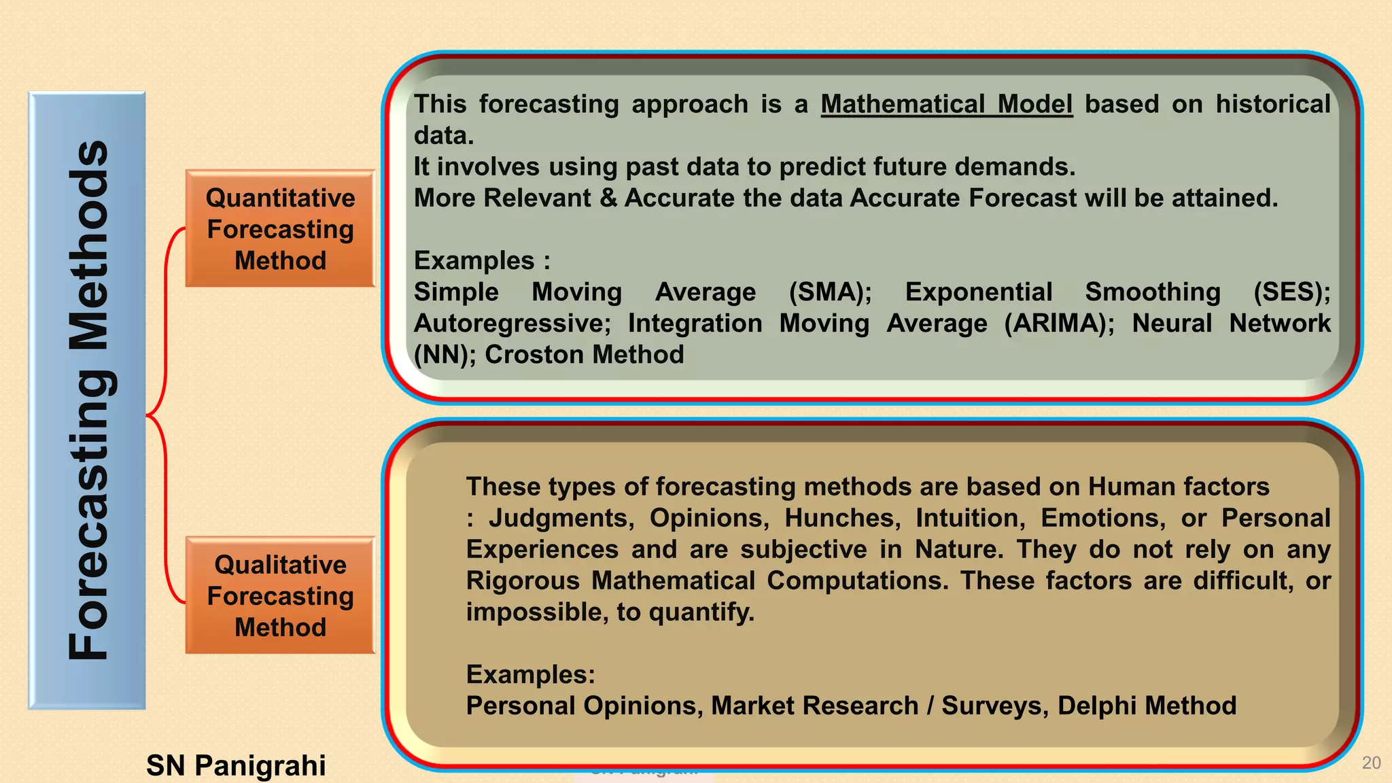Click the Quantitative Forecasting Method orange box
click(x=280, y=228)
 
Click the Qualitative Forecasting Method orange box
click(x=280, y=595)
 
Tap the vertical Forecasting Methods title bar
click(x=87, y=401)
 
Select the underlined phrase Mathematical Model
click(x=946, y=105)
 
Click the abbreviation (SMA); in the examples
click(x=830, y=292)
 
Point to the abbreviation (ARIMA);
click(x=1059, y=324)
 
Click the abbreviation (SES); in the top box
click(x=1291, y=292)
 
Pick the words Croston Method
click(x=584, y=355)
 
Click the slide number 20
click(x=1371, y=763)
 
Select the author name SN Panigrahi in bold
click(x=236, y=765)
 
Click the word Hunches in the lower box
click(x=842, y=519)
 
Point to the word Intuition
click(x=970, y=519)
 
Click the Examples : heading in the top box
click(x=482, y=261)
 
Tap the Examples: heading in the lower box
click(x=530, y=675)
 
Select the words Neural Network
click(x=1231, y=324)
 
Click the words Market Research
click(x=814, y=706)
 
